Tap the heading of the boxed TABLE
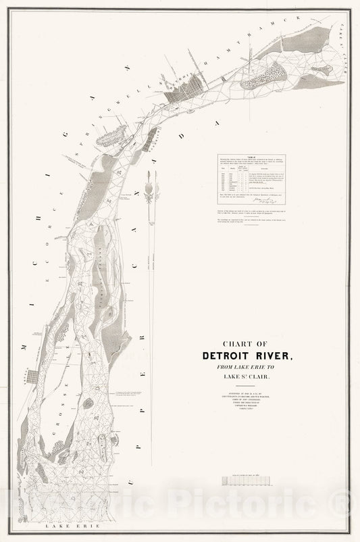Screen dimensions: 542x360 [251, 157]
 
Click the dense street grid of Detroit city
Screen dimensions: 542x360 [185, 95]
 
